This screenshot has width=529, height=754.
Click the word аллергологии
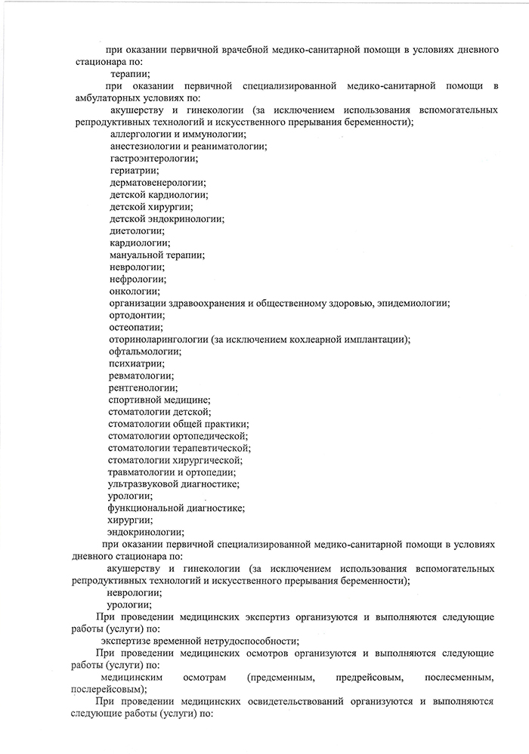pyautogui.click(x=139, y=134)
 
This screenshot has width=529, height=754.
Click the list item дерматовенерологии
pyautogui.click(x=157, y=183)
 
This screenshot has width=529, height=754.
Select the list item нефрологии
pyautogui.click(x=137, y=280)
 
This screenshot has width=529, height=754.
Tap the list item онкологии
pyautogui.click(x=135, y=292)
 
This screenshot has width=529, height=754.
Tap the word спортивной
pyautogui.click(x=136, y=400)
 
